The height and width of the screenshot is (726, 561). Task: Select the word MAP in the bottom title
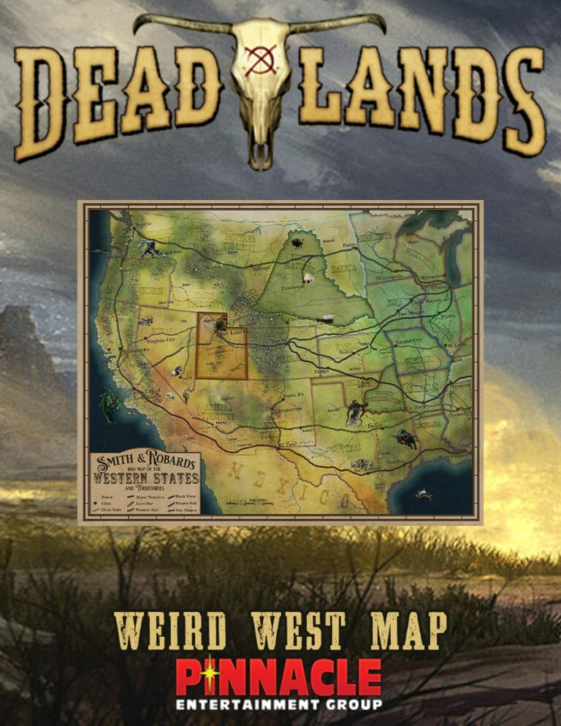pos(406,630)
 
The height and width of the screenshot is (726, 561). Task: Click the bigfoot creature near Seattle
pos(152,249)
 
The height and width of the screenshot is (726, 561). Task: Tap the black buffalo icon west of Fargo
pos(297,242)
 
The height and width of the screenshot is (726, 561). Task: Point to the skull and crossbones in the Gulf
pos(422,494)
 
